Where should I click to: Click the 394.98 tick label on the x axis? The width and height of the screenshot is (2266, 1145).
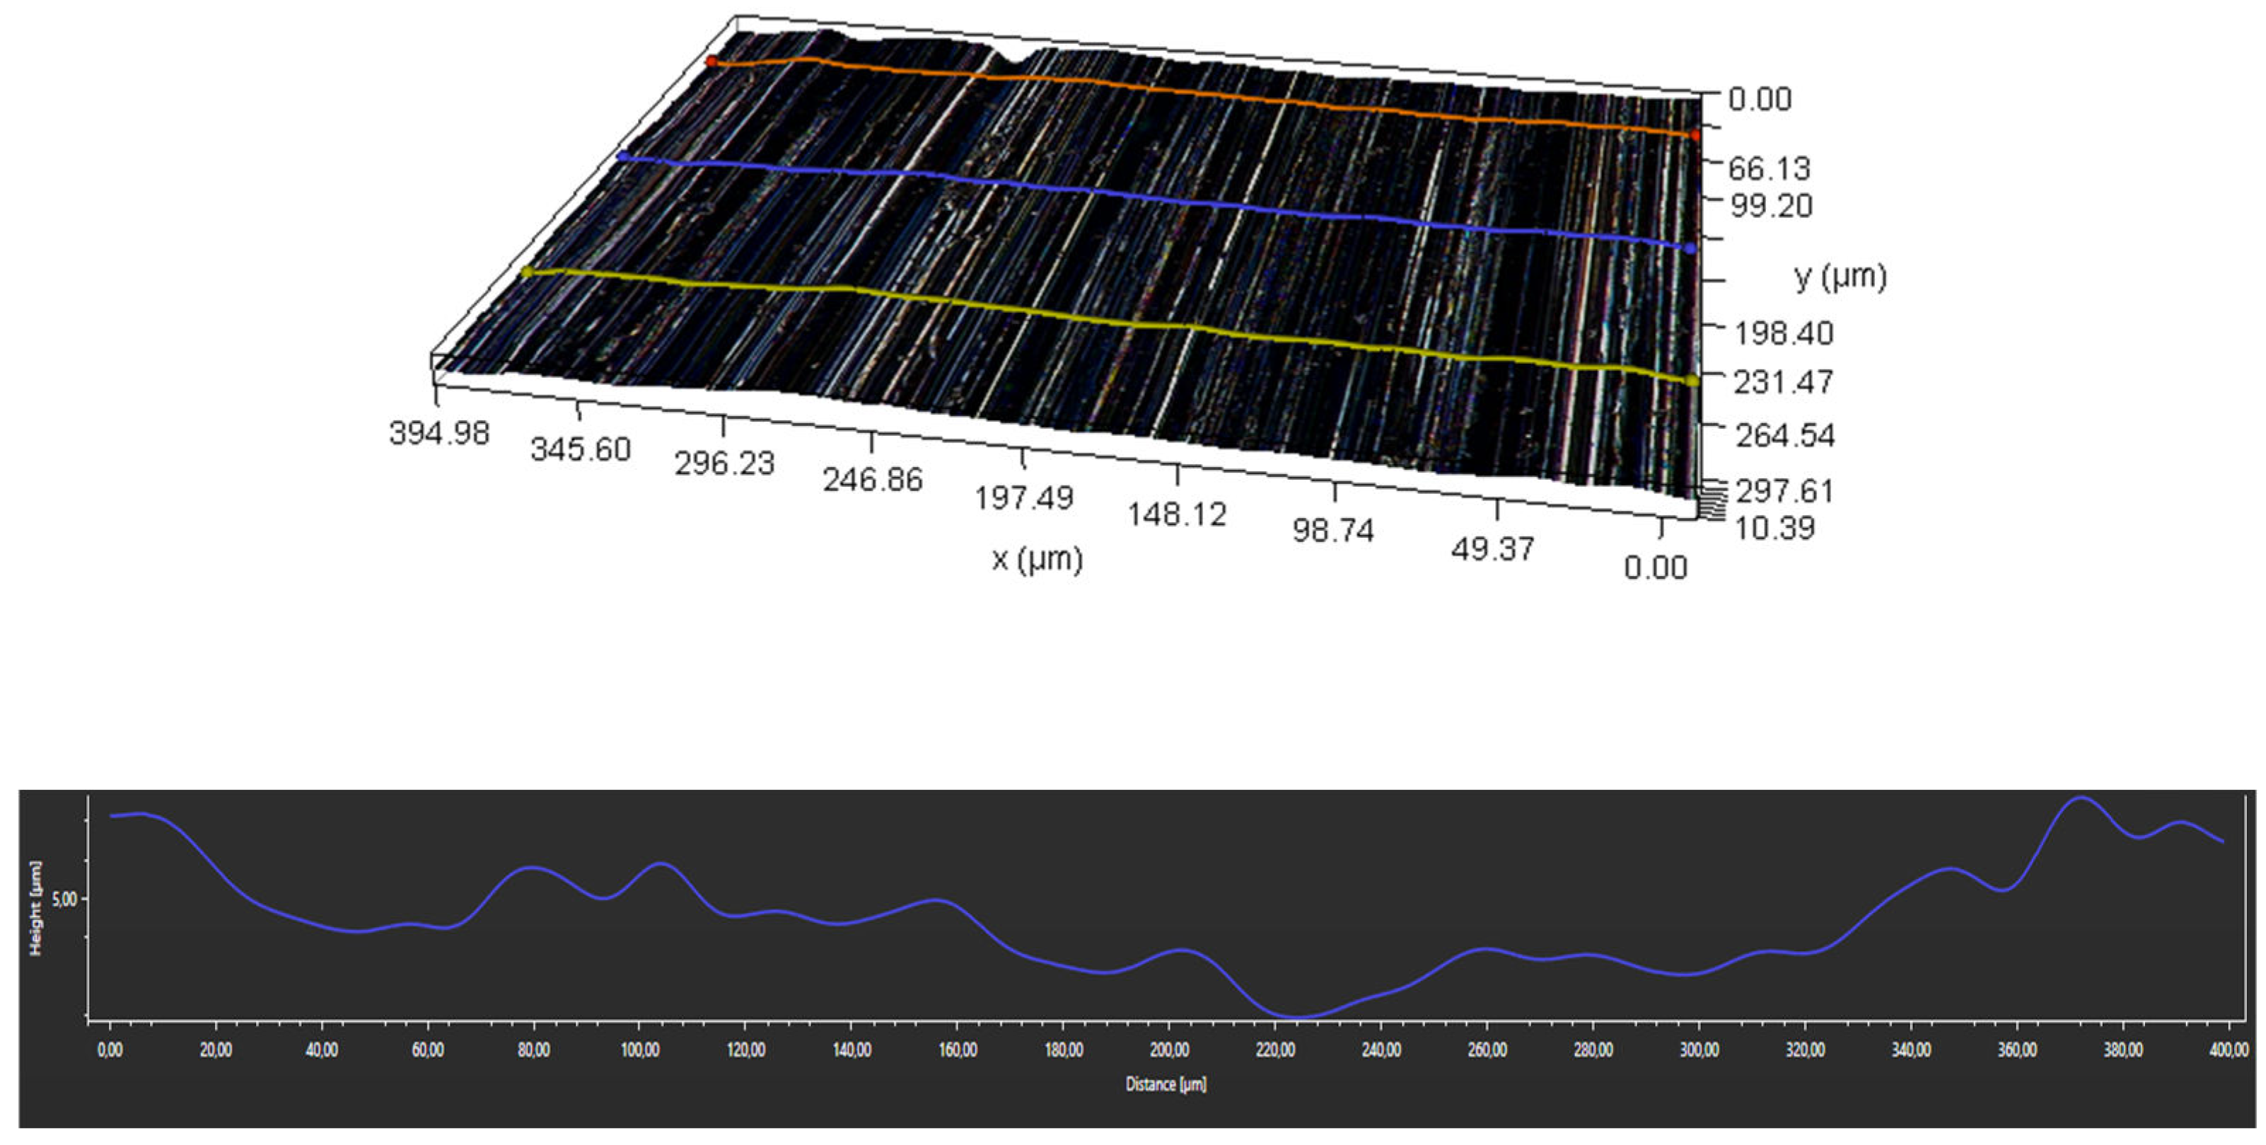439,433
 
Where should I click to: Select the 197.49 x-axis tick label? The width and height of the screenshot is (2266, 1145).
1024,498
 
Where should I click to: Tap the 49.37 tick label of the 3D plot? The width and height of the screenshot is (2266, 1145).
1493,549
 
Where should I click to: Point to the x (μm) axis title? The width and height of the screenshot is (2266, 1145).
1037,559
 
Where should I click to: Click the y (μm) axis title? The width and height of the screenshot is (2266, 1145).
1840,277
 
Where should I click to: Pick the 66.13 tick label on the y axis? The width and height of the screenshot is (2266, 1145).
1769,168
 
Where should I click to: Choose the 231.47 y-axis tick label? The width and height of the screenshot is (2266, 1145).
1783,382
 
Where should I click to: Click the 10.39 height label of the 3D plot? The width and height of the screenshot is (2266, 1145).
1774,528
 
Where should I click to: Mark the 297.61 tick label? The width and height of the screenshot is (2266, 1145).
1784,490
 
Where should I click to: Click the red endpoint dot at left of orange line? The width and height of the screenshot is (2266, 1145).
711,62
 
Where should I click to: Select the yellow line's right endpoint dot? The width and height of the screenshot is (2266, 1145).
1691,380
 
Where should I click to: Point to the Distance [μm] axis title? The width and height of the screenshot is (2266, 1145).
1166,1084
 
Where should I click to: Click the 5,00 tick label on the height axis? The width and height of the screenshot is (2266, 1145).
64,899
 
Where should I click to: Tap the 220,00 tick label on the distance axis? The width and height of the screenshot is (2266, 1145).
1274,1050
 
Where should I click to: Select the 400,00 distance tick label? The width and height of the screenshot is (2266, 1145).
2229,1050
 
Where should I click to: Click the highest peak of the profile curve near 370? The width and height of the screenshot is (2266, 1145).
2081,798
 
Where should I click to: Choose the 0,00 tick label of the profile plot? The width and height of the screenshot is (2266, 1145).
110,1050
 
